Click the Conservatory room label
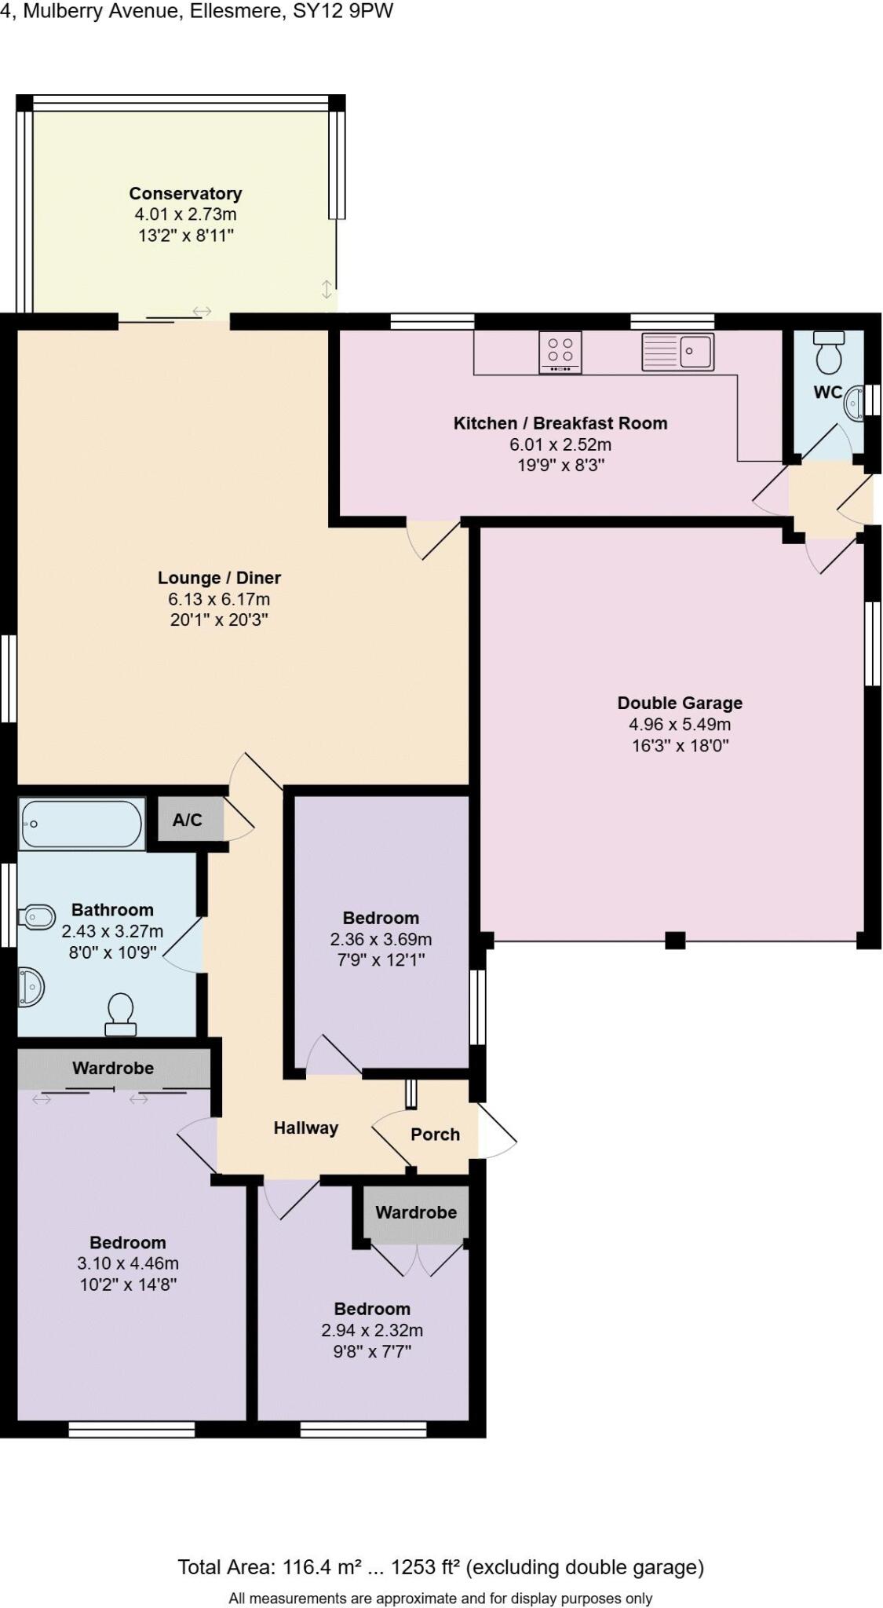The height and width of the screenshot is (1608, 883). pos(185,193)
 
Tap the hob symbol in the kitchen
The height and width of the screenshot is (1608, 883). pos(560,352)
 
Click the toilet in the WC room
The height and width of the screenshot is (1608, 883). pos(828,353)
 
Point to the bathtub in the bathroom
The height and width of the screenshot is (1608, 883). pos(82,824)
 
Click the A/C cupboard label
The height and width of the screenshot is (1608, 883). pos(187,820)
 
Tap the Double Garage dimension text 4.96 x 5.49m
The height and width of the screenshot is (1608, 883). pos(679,724)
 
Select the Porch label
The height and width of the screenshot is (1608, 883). pos(435,1134)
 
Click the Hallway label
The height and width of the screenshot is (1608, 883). pos(305,1127)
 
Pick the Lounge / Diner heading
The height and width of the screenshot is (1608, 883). pos(219,578)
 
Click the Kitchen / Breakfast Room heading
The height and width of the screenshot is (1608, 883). pos(560,423)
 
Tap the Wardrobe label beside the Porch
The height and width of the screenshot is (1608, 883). pos(415,1211)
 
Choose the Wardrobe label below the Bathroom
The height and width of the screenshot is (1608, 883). pos(113,1068)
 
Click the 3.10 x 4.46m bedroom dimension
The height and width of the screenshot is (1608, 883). pos(127,1263)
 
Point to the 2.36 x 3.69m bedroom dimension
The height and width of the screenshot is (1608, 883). pos(381,939)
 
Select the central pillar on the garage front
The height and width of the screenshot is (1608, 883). pos(675,939)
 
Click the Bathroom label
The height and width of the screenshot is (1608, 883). pos(112,910)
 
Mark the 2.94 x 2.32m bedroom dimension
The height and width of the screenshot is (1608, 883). pos(372,1330)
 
